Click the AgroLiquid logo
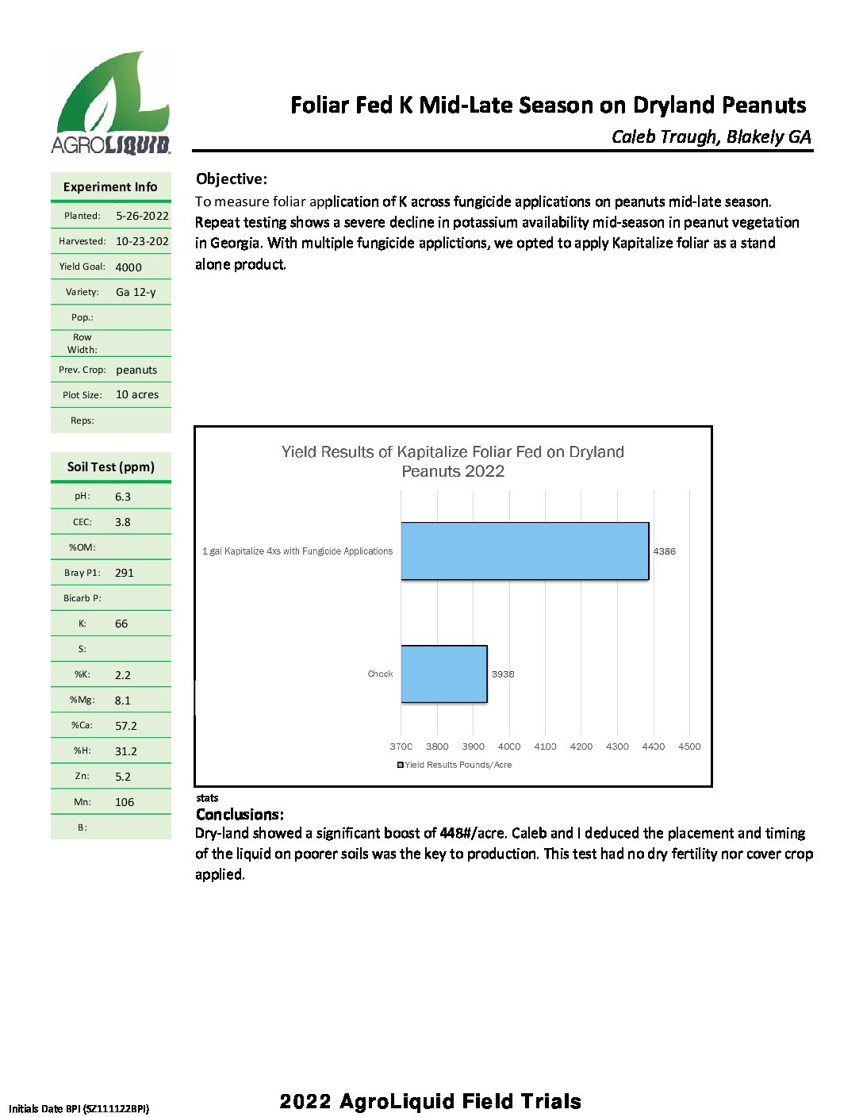111,103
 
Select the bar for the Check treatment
443,674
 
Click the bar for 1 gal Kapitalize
524,551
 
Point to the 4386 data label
665,551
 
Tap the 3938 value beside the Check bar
503,674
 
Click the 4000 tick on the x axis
509,747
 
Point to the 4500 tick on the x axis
689,747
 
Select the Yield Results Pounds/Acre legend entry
455,765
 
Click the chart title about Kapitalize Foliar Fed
453,461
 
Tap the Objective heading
232,178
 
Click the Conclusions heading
240,814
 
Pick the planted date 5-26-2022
142,216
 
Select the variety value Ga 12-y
136,292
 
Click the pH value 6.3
123,497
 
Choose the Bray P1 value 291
125,573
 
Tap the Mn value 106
125,802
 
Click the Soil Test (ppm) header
111,466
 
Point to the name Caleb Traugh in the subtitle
665,137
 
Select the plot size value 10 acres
137,394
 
